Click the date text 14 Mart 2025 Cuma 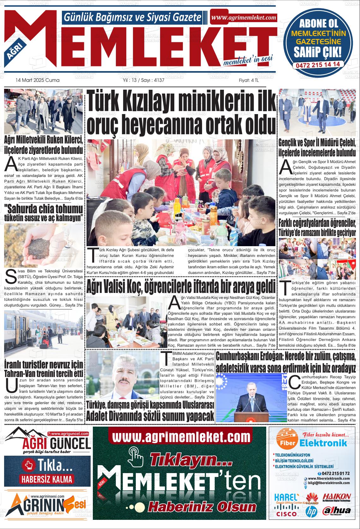(37, 80)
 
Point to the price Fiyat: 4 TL (249, 80)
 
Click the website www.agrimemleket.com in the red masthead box (243, 18)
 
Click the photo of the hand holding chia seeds (43, 246)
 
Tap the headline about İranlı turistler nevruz (44, 369)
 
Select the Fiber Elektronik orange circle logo (287, 442)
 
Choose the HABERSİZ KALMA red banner (47, 479)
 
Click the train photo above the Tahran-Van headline (44, 334)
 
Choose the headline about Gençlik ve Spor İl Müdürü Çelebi (317, 147)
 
